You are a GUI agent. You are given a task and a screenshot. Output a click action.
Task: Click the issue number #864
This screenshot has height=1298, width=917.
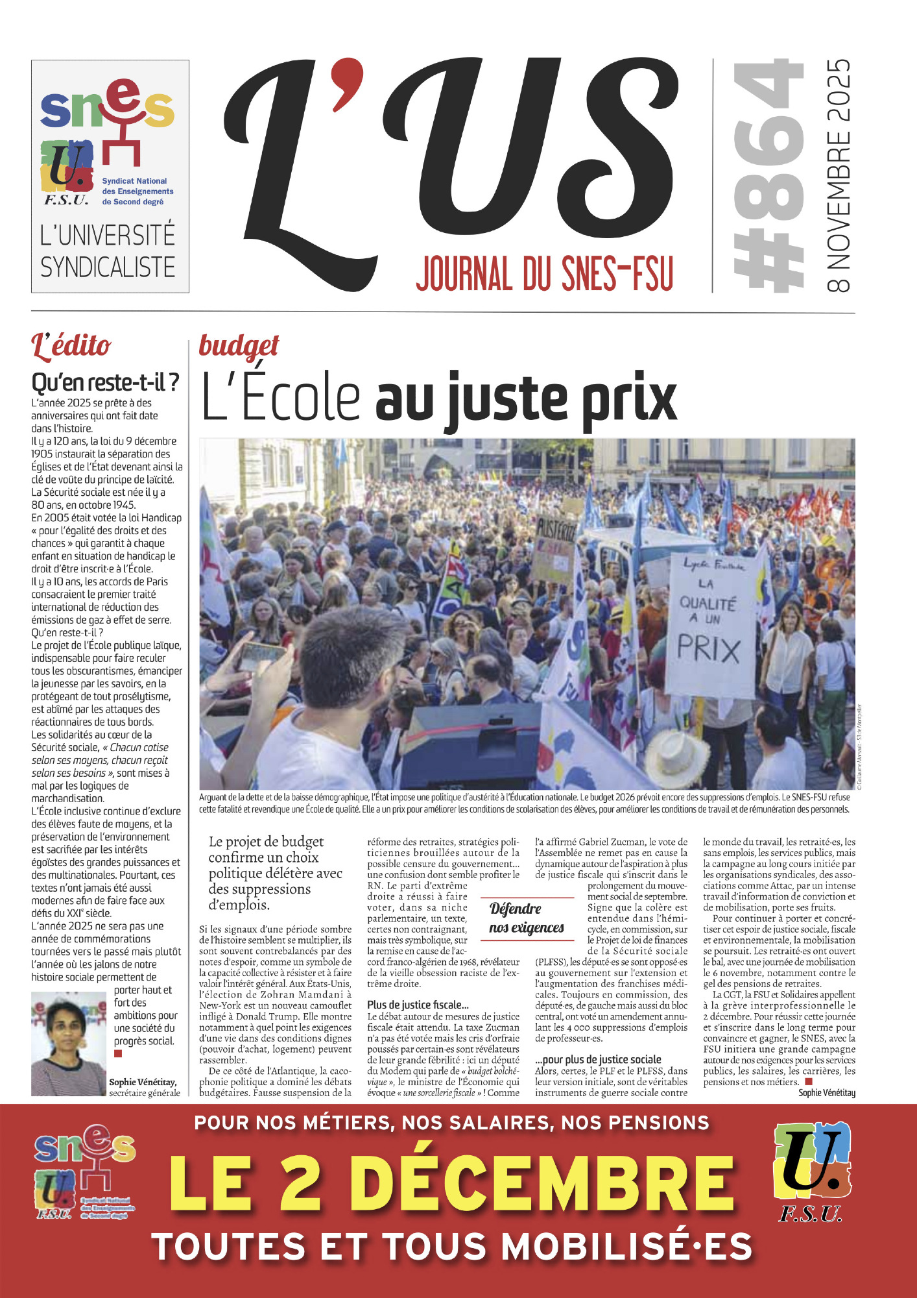[768, 175]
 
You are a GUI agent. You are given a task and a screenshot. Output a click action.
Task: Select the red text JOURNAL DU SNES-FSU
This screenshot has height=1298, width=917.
[545, 273]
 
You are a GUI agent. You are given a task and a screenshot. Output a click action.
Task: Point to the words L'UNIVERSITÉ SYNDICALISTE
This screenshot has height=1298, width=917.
[108, 251]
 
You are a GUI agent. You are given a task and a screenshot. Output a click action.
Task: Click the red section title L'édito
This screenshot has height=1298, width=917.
[71, 346]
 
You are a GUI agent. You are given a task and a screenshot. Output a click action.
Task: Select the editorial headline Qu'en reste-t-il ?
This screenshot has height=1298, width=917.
[105, 382]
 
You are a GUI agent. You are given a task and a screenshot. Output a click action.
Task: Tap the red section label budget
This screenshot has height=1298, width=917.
[239, 345]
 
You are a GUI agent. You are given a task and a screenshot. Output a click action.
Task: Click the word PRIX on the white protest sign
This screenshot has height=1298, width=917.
[708, 649]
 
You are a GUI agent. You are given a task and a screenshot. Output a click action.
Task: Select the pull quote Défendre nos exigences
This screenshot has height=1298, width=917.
[526, 918]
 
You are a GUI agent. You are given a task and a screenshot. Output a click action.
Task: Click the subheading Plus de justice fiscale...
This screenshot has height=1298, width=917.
[418, 1005]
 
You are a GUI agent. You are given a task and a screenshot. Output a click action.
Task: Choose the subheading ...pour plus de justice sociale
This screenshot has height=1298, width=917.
[598, 1059]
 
